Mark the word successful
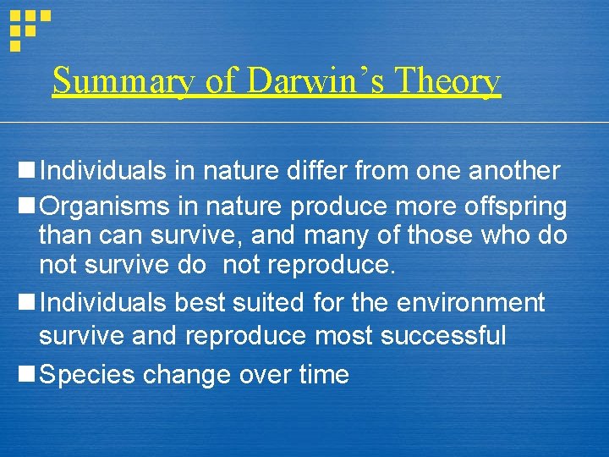(443, 336)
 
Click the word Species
(87, 375)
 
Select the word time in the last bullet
(322, 374)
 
